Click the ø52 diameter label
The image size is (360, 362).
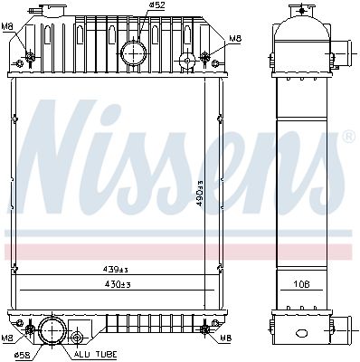click(x=156, y=5)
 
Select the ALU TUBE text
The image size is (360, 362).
click(x=95, y=355)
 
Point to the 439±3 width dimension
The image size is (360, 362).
click(x=116, y=270)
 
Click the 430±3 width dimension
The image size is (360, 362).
click(x=118, y=284)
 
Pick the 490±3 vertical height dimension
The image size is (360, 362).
click(x=200, y=193)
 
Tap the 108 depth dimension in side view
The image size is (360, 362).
click(x=302, y=284)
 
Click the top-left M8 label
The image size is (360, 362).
click(x=8, y=26)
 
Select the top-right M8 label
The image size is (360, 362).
click(x=235, y=39)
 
